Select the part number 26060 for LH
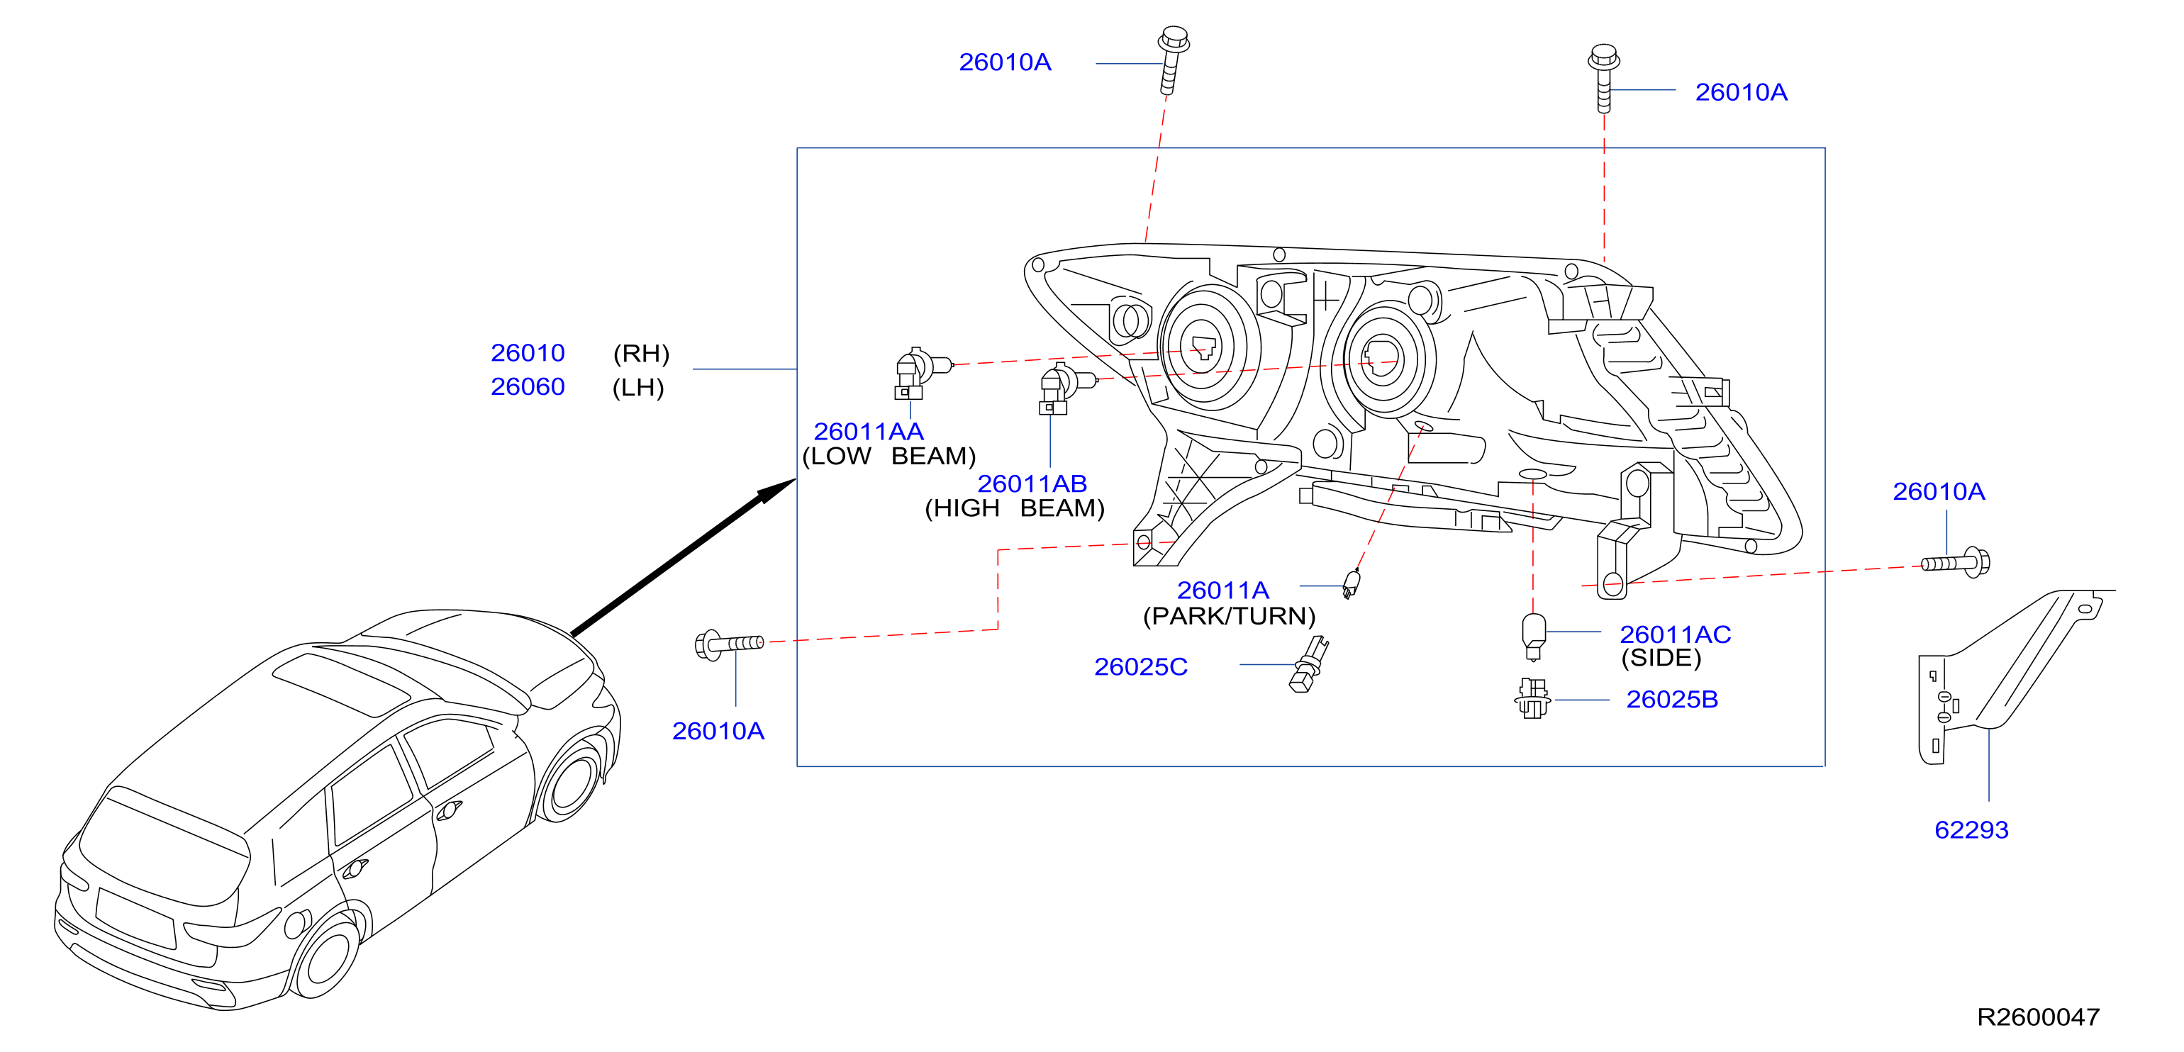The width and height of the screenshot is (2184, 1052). (x=528, y=386)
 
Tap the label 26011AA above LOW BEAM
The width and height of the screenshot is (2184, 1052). (x=868, y=432)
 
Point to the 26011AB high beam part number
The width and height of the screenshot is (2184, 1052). (x=1032, y=483)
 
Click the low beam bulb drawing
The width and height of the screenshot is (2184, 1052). (x=920, y=373)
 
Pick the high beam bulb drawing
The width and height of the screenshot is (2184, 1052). (x=1064, y=389)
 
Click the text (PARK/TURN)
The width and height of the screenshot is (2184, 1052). (x=1228, y=616)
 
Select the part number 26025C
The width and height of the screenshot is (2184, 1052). (x=1140, y=667)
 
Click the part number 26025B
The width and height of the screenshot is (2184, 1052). (x=1672, y=700)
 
